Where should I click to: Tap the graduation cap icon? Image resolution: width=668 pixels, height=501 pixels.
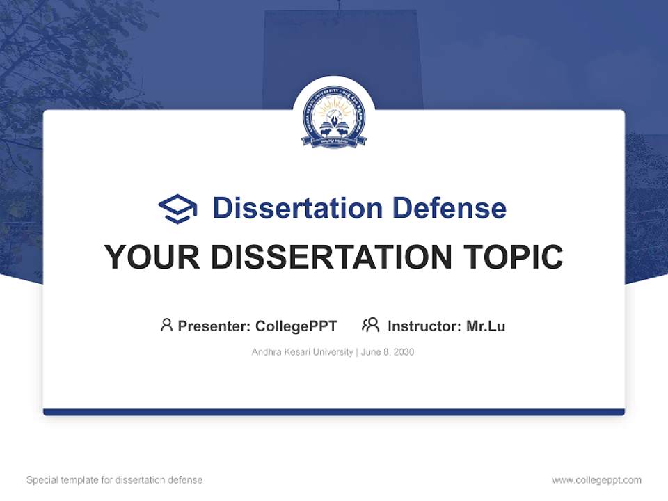click(177, 209)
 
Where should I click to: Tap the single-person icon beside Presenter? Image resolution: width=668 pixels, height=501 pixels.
click(166, 325)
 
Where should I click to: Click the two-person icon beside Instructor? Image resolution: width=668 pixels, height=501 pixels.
click(370, 325)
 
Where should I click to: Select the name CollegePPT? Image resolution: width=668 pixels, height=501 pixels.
click(296, 326)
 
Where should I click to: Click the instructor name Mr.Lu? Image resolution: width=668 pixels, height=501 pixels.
click(486, 326)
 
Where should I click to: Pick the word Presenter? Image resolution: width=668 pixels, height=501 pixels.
click(214, 326)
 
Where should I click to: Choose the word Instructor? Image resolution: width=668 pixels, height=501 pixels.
click(424, 326)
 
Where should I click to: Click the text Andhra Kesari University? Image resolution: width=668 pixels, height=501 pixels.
click(302, 352)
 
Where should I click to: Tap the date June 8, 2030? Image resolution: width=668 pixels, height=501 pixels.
click(388, 352)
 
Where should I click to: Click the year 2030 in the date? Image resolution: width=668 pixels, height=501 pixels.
click(404, 352)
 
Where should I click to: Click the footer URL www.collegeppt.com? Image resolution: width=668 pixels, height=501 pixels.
click(596, 480)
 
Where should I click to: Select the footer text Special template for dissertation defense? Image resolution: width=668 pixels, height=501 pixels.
click(115, 480)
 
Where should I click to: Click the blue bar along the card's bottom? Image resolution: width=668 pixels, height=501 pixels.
click(334, 412)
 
